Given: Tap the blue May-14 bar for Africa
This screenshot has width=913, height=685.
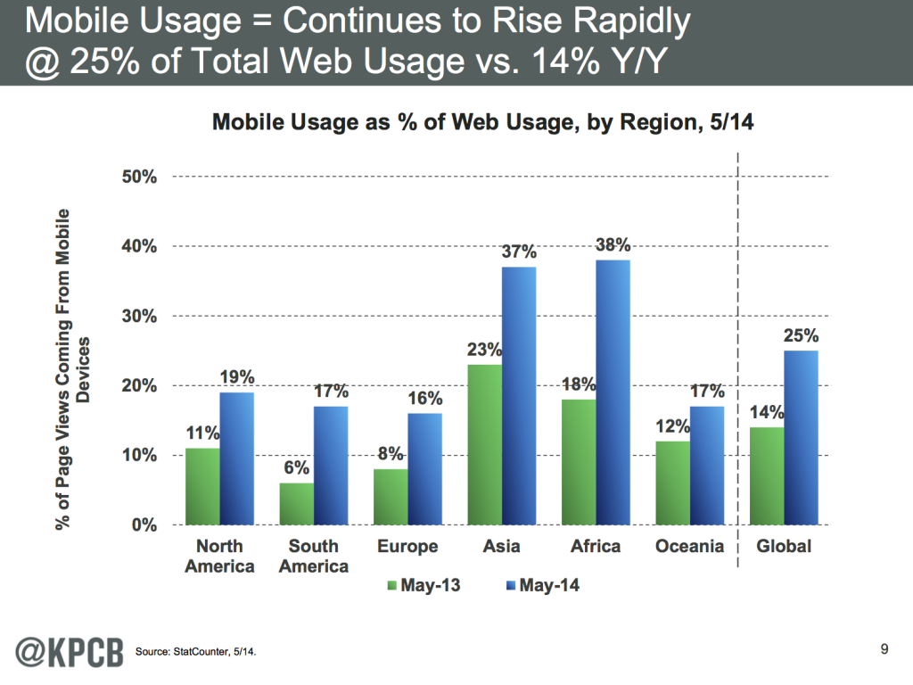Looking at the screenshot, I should coord(613,392).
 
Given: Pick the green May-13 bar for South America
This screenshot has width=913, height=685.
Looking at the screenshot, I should coord(296,504).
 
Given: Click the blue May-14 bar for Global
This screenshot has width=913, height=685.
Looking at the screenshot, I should coord(801,437).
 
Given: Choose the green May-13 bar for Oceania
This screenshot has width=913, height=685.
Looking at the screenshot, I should coord(671,483).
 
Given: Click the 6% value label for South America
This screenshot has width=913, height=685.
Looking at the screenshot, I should coord(296,468).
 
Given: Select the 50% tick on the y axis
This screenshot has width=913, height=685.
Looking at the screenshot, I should coord(140,177).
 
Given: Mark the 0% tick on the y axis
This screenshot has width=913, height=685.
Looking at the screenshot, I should coord(144,525).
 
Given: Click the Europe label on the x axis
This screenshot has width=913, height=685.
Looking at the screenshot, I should coord(407,546).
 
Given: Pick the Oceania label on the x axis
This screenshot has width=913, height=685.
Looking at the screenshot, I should coord(689,546).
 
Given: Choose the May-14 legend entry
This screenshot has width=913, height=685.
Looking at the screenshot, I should coord(539,586).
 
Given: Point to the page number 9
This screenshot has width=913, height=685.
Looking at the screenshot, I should coord(884,648).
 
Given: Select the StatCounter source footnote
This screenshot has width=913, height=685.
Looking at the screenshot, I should coord(197,653).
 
